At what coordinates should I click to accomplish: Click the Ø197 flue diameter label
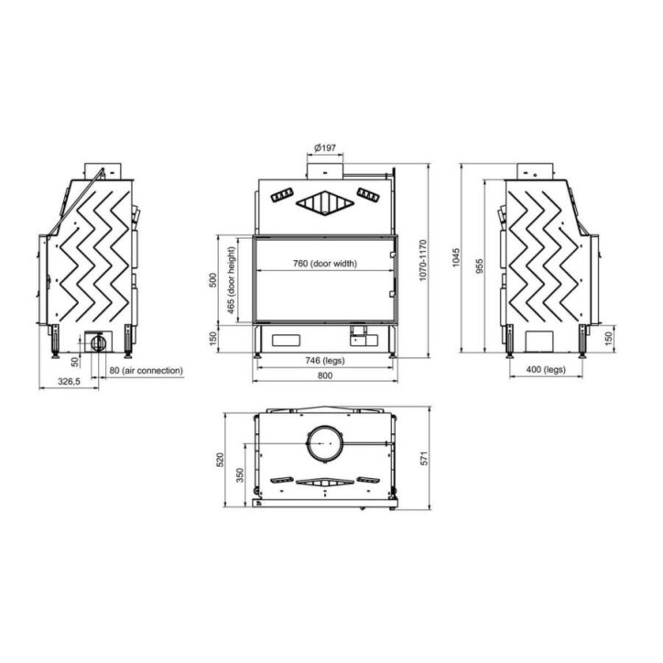[325, 147]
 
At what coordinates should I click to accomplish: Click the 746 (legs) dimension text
[325, 361]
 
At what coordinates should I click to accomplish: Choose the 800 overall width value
[325, 376]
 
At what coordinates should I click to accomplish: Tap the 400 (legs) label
[546, 370]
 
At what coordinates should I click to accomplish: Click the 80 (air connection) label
[147, 370]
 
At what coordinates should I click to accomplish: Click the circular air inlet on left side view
[96, 343]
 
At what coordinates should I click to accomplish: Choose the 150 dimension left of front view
[213, 339]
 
